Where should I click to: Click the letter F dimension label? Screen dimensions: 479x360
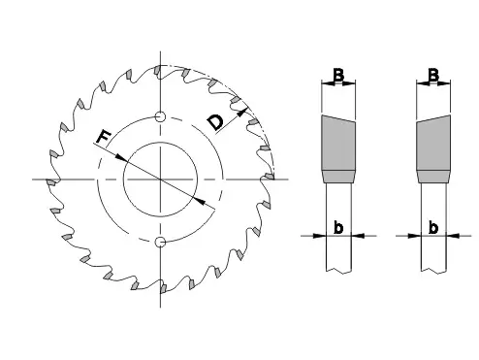point(104,137)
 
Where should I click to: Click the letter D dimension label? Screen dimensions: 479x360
point(215,122)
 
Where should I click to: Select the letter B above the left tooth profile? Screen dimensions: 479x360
point(338,75)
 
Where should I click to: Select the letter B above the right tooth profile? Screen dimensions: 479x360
point(433,75)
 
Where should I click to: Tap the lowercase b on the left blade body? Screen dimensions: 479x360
point(338,227)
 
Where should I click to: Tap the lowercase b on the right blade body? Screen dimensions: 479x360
point(433,227)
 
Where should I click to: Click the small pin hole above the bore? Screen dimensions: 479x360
point(160,116)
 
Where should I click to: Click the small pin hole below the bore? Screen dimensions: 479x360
point(160,242)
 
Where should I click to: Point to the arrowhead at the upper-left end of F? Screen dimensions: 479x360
point(121,157)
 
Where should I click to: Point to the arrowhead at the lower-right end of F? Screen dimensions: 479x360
point(200,201)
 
